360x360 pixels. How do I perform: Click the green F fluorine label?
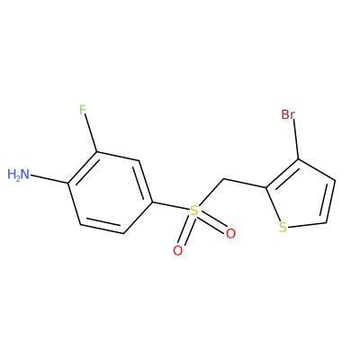tap(83, 110)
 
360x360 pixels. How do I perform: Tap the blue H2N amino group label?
tap(19, 175)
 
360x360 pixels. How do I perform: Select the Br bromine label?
tap(288, 114)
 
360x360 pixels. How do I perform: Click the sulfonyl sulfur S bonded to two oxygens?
tap(194, 211)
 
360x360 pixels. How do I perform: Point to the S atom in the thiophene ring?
tap(283, 227)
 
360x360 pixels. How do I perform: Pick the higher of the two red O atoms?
tap(230, 234)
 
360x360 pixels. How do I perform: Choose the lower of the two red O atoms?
tap(177, 251)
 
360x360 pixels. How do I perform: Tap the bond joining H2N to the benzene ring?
tap(49, 179)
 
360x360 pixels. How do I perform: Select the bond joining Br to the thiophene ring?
tap(296, 139)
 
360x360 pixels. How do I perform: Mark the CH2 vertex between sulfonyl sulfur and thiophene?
tap(223, 180)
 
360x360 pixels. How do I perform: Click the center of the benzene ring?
tap(110, 193)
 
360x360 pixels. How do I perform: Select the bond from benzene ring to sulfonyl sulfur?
tap(171, 207)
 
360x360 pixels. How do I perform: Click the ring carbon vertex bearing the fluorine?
tap(96, 152)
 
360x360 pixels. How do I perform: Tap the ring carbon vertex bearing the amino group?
tap(68, 183)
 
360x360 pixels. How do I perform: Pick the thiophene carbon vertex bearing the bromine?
tap(298, 159)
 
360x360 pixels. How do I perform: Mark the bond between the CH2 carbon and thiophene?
tap(245, 184)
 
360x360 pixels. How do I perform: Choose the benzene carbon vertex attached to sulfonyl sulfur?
tap(153, 202)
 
